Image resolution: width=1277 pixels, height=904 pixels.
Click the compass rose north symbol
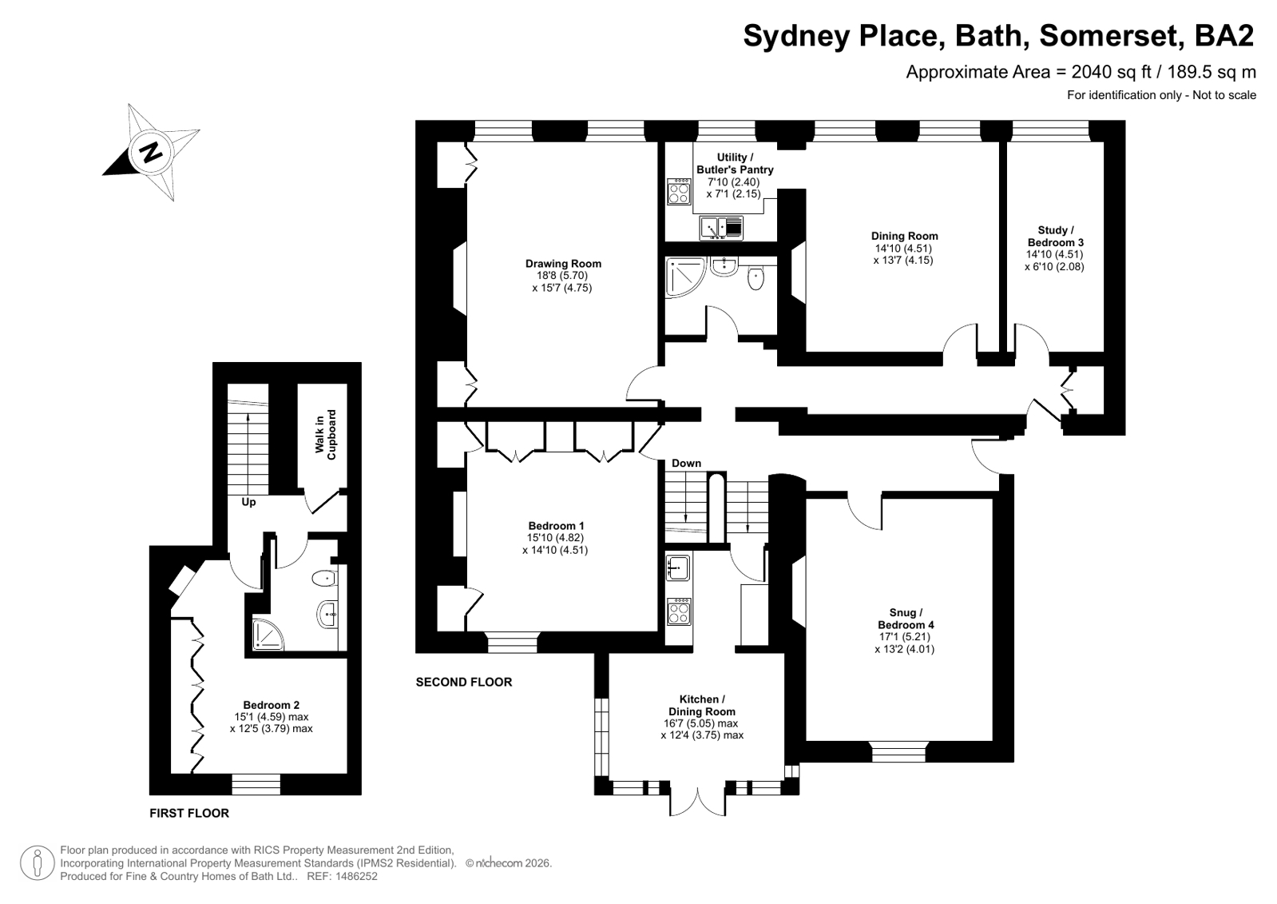pos(151,153)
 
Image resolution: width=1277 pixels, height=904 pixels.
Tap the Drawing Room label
pos(563,264)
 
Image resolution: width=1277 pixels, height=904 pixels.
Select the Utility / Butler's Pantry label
pos(735,163)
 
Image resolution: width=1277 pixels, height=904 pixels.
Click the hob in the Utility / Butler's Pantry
pos(679,191)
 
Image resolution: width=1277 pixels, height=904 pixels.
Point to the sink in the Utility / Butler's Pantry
pos(721,229)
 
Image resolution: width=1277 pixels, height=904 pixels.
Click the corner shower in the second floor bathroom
pos(686,277)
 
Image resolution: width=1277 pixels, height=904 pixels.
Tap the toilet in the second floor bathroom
pos(756,278)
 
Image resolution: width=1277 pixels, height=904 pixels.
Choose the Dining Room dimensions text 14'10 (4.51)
pos(903,249)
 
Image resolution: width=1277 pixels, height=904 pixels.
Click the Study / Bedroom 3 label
pos(1055,237)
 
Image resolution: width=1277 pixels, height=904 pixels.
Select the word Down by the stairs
pos(686,463)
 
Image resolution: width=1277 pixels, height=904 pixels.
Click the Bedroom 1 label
pos(556,526)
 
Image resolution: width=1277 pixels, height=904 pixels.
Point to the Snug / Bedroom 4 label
pos(906,619)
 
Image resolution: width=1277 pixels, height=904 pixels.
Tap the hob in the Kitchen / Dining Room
pos(679,611)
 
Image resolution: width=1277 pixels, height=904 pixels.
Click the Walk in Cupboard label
pos(326,435)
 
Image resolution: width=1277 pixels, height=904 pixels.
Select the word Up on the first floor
pos(248,502)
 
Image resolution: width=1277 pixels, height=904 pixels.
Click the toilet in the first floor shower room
pos(323,579)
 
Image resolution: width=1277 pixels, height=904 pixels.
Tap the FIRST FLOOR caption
pos(189,813)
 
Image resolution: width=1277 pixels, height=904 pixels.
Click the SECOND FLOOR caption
pos(464,682)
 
